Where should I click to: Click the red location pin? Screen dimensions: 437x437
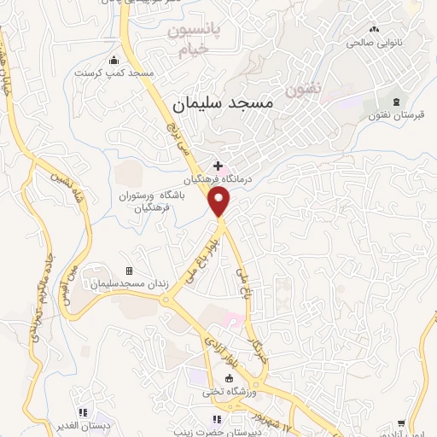[x=220, y=201]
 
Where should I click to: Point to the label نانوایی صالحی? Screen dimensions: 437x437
[x=373, y=41]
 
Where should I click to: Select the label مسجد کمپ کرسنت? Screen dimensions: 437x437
[x=114, y=73]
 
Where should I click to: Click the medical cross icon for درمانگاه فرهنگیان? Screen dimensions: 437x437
[x=218, y=166]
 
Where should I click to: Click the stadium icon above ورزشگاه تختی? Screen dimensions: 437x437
[x=228, y=379]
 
